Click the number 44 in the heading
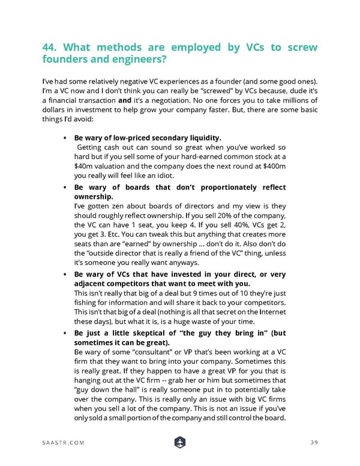[x=51, y=47]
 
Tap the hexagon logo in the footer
[x=179, y=442]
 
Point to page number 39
[x=313, y=443]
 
